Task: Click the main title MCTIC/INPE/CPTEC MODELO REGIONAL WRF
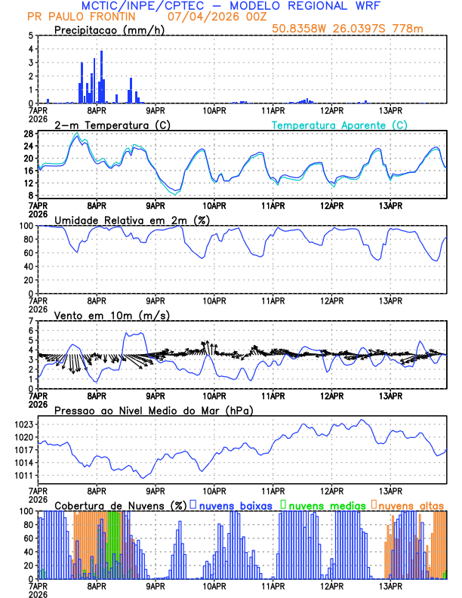pos(230,6)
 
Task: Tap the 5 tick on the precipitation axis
pos(30,35)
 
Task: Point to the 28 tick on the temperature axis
pos(28,134)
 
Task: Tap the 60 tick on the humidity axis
pos(28,253)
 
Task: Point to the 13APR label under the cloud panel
pos(390,585)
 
